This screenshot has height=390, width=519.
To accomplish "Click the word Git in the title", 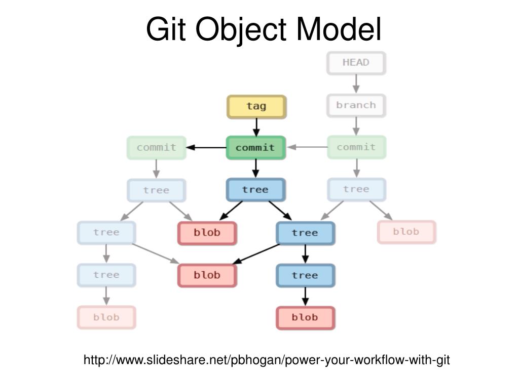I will pyautogui.click(x=166, y=29).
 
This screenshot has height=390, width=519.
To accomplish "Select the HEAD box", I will pyautogui.click(x=356, y=63).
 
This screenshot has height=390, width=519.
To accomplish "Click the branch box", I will pyautogui.click(x=356, y=106).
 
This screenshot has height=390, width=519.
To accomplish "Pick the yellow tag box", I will pyautogui.click(x=256, y=106).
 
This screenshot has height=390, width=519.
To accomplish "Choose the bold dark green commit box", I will pyautogui.click(x=255, y=148).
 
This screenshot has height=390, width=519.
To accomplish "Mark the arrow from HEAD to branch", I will pyautogui.click(x=356, y=84).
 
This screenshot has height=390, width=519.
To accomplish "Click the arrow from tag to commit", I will pyautogui.click(x=256, y=127).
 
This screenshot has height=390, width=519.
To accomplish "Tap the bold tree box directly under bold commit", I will pyautogui.click(x=255, y=190).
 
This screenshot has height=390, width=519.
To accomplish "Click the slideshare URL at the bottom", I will pyautogui.click(x=267, y=360).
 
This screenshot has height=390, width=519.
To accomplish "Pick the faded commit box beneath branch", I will pyautogui.click(x=356, y=147).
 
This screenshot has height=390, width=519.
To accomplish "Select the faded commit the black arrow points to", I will pyautogui.click(x=156, y=148).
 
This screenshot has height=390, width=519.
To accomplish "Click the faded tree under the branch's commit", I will pyautogui.click(x=356, y=189).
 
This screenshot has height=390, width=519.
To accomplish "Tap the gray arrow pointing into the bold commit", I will pyautogui.click(x=307, y=147).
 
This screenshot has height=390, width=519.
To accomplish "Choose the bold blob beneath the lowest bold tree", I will pyautogui.click(x=305, y=317).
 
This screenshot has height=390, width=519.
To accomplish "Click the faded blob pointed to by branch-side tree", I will pyautogui.click(x=406, y=232).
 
